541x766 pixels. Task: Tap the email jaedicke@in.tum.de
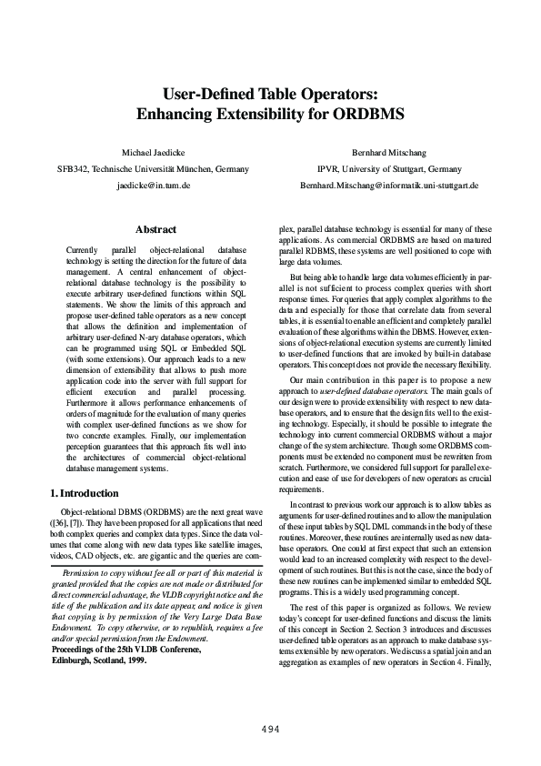[153, 185]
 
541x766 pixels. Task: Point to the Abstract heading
[155, 230]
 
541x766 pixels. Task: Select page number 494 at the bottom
[270, 730]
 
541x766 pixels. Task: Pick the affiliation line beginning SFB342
[153, 169]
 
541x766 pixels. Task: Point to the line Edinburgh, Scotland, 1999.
[99, 661]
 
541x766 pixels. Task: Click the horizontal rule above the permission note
[155, 566]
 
